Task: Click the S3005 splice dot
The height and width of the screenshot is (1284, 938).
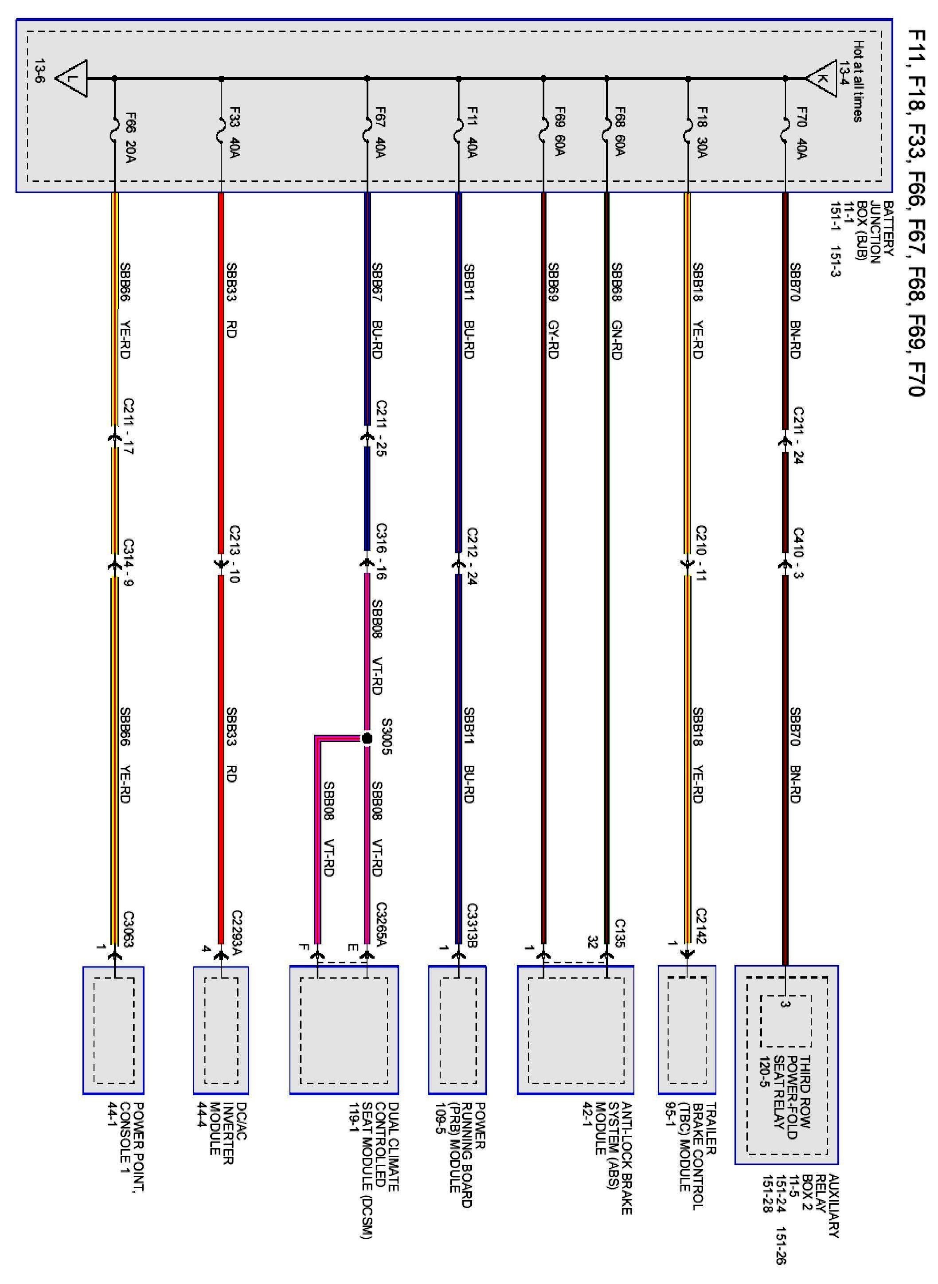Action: (x=367, y=739)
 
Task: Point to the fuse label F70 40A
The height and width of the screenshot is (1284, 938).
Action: (x=801, y=133)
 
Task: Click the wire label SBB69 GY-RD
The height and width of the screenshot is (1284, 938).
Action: (x=553, y=311)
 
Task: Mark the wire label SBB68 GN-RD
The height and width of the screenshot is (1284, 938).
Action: (x=617, y=311)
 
